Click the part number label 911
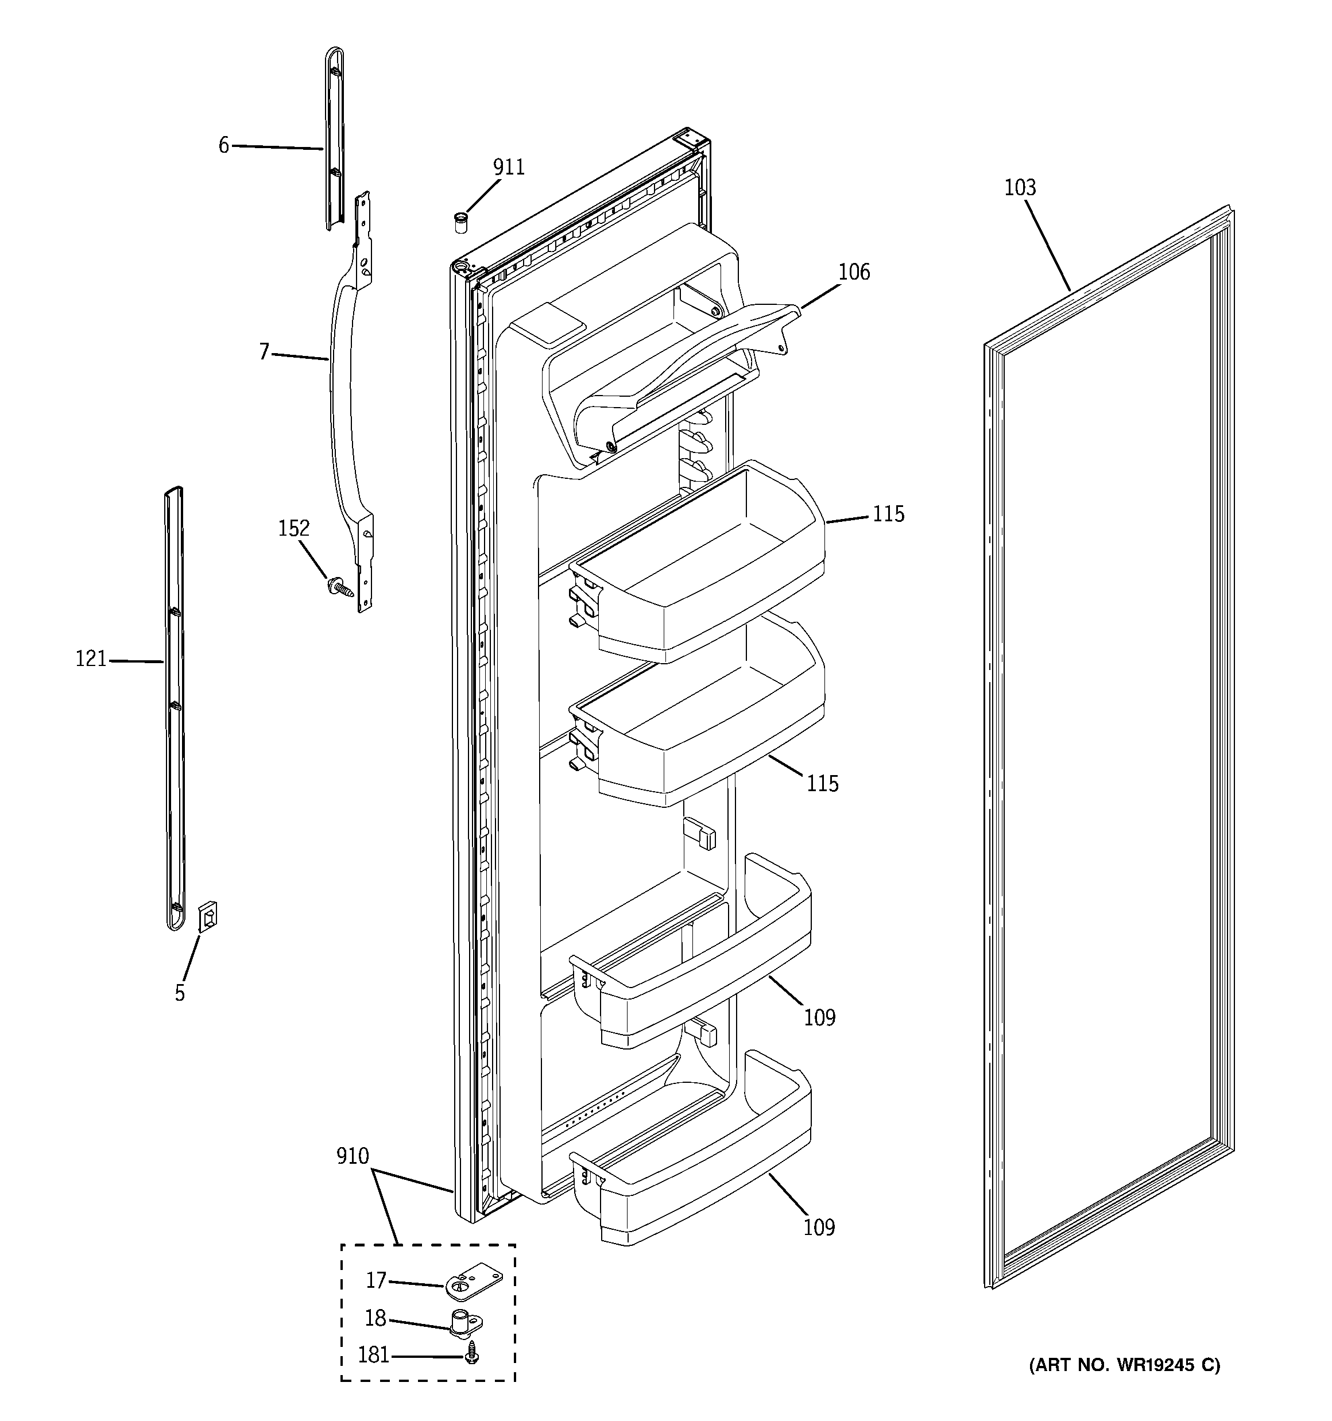[508, 167]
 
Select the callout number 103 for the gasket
[1020, 188]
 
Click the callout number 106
[854, 272]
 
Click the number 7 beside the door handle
[264, 353]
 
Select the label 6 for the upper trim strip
[224, 146]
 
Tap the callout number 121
[91, 659]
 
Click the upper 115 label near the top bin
[888, 514]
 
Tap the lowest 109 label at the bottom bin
[819, 1228]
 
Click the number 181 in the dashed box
[374, 1355]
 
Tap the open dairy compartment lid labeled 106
[686, 371]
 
